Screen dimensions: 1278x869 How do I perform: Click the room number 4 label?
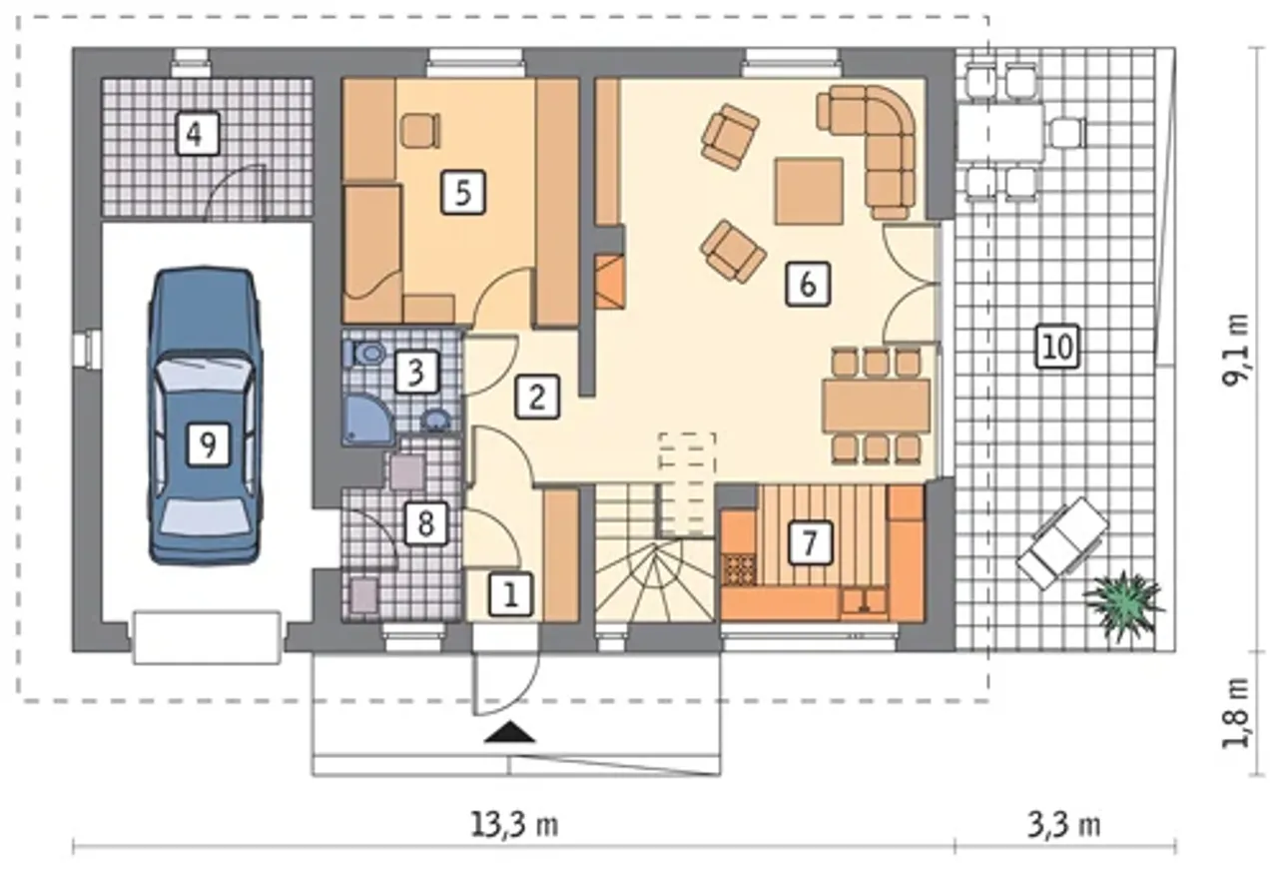[198, 134]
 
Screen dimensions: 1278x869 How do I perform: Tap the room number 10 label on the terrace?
[1057, 346]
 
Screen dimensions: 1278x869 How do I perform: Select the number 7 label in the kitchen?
[811, 542]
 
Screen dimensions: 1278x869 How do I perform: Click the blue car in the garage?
[206, 416]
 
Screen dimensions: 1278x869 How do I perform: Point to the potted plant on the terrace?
[1123, 607]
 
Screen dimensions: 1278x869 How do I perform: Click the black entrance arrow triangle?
[509, 732]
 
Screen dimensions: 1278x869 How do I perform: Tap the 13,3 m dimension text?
[514, 824]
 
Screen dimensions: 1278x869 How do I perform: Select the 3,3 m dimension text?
[1064, 824]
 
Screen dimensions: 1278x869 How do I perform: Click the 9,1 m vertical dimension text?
[1236, 350]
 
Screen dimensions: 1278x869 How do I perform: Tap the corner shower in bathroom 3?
[368, 421]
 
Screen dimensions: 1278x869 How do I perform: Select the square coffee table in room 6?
[809, 191]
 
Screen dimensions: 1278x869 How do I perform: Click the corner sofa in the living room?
[869, 150]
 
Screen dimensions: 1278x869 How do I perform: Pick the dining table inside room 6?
[877, 406]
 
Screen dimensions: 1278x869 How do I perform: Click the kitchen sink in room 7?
[865, 600]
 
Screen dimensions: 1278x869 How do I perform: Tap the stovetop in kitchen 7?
[740, 569]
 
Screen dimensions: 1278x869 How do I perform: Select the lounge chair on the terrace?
[1063, 542]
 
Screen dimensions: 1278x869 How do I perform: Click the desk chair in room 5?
[420, 131]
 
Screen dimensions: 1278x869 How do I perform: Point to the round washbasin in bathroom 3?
[437, 421]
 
